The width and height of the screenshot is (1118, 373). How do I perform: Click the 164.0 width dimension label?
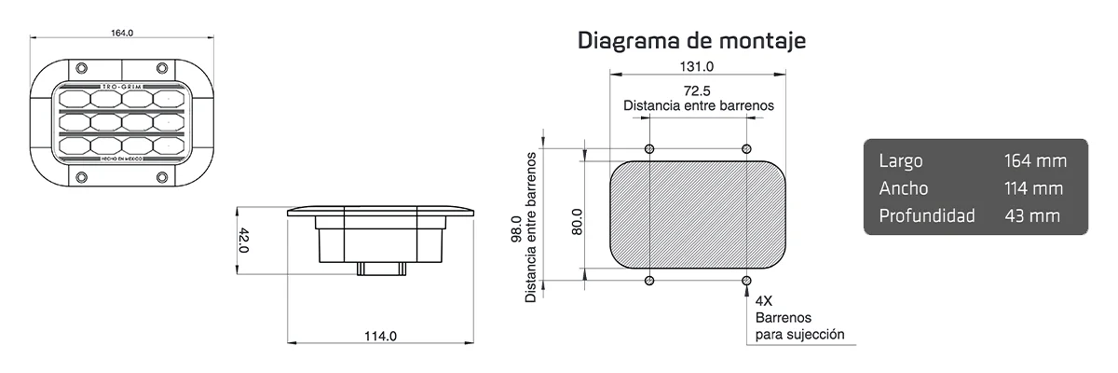pos(123,33)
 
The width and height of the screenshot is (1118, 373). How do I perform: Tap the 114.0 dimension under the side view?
pos(379,336)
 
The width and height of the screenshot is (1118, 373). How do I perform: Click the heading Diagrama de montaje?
pos(691,41)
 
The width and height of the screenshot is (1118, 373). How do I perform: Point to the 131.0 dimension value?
pos(696,66)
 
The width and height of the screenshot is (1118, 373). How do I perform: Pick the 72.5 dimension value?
pos(697,90)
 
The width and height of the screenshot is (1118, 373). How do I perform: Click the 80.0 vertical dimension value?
pos(577,221)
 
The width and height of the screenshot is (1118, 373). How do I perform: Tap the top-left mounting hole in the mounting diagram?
pos(649,149)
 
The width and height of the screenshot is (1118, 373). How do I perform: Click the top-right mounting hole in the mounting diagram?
pos(745,149)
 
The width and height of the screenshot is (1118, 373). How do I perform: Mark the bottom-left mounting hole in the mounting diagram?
pos(649,281)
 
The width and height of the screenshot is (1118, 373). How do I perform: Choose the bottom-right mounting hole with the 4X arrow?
pos(745,281)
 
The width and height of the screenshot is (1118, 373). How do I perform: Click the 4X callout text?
pos(764,301)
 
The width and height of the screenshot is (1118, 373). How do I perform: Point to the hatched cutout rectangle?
pos(697,214)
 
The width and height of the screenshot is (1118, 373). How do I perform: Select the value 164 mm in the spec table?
pos(1035,161)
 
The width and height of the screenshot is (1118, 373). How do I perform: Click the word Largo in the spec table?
pos(900,161)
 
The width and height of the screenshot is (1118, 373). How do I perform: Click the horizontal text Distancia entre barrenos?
pos(698,106)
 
